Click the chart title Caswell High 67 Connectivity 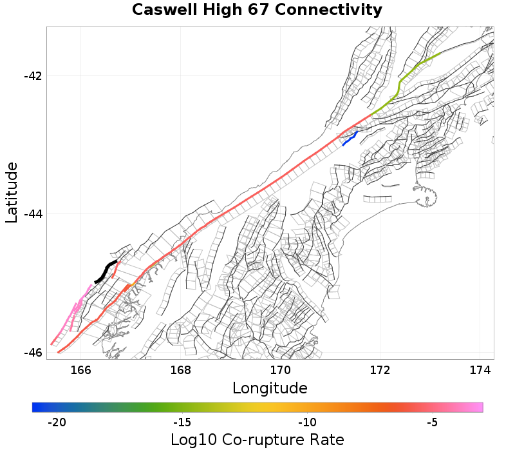(257, 10)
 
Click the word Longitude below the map (270, 388)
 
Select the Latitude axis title (12, 193)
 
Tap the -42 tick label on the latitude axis (33, 76)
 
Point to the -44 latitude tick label (33, 214)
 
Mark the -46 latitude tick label (33, 353)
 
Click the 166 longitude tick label (80, 370)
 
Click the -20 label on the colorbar (57, 422)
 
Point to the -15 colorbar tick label (182, 422)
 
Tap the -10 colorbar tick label (307, 422)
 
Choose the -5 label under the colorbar (433, 422)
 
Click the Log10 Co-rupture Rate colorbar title (257, 440)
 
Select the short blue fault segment (350, 138)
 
